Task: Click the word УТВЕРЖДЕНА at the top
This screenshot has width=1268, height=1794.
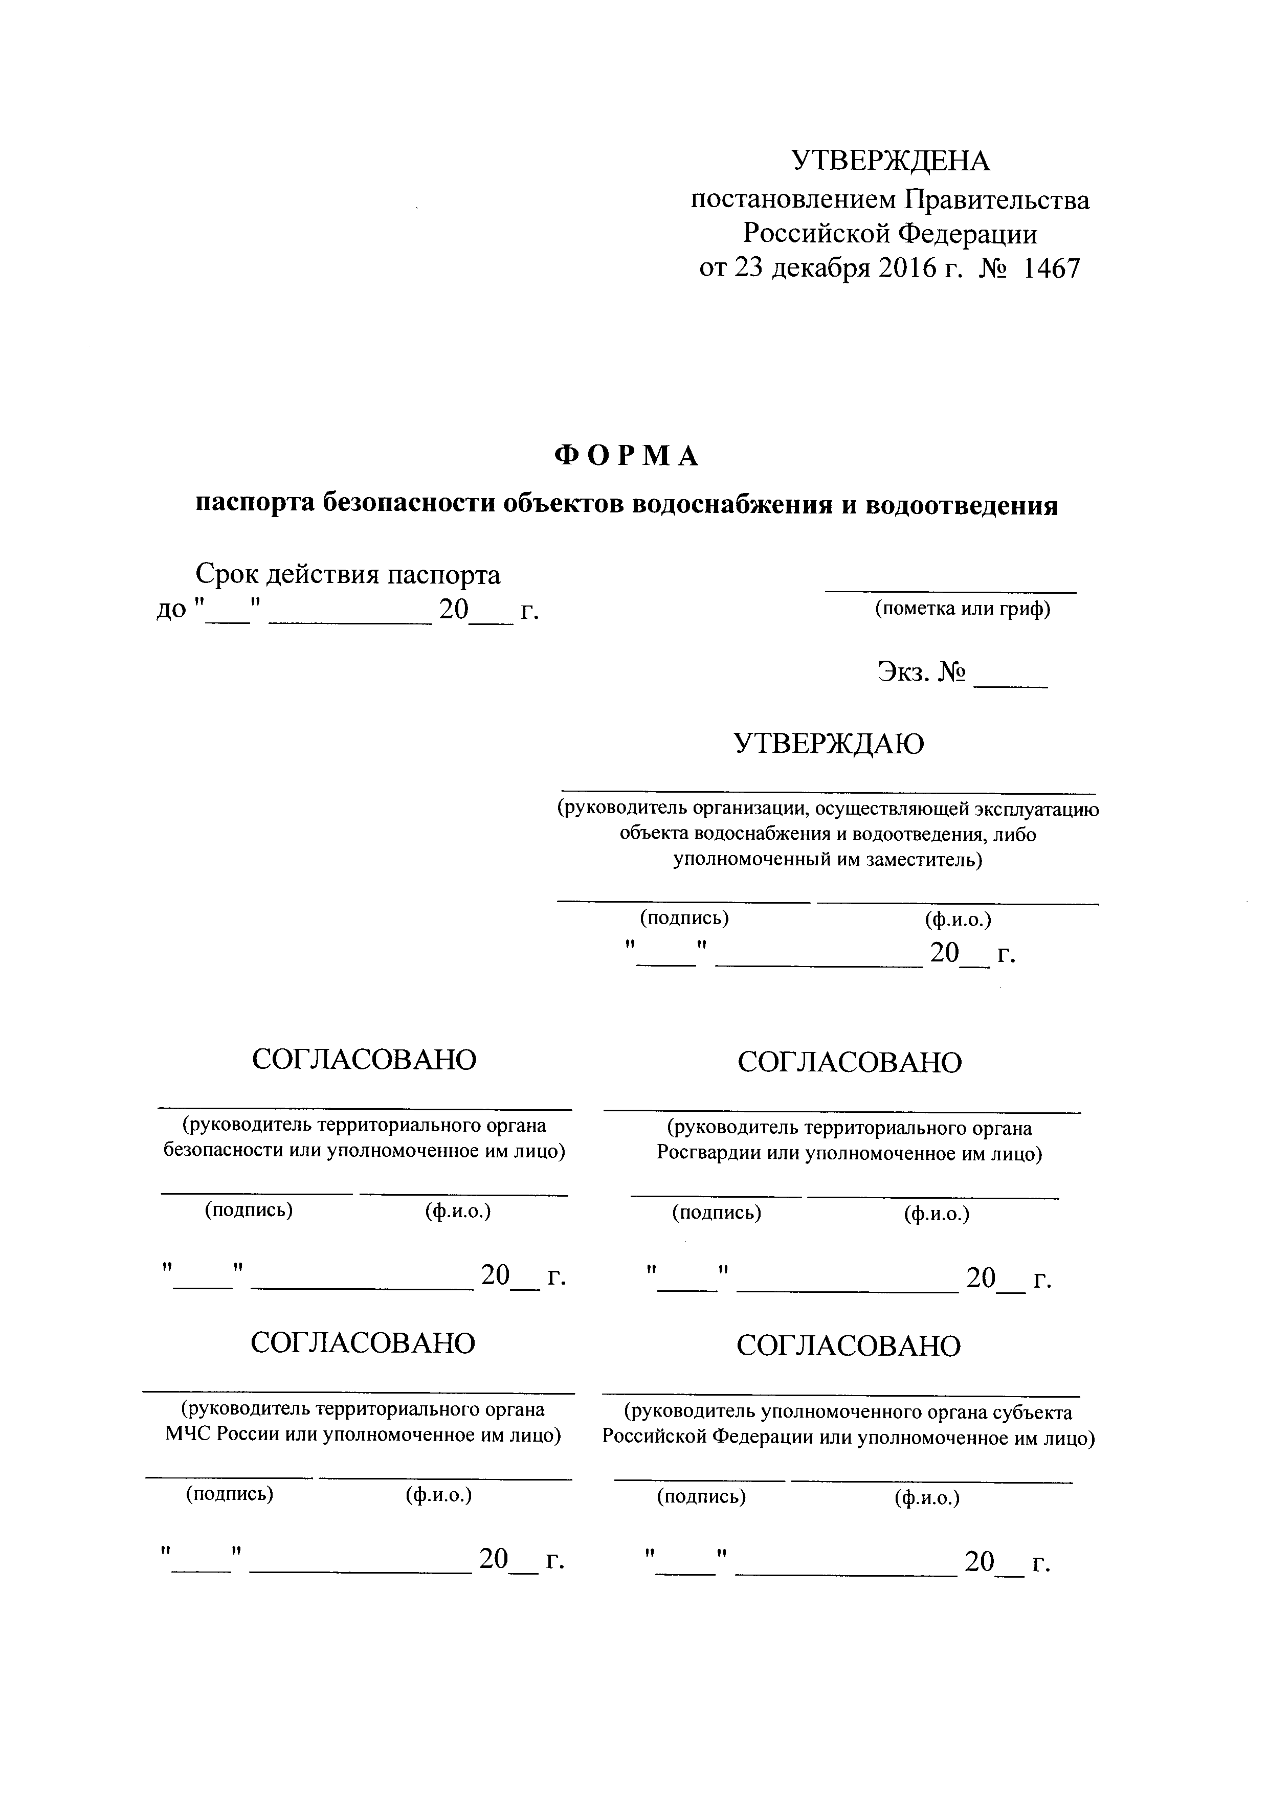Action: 890,161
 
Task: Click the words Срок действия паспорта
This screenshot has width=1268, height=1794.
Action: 348,575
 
